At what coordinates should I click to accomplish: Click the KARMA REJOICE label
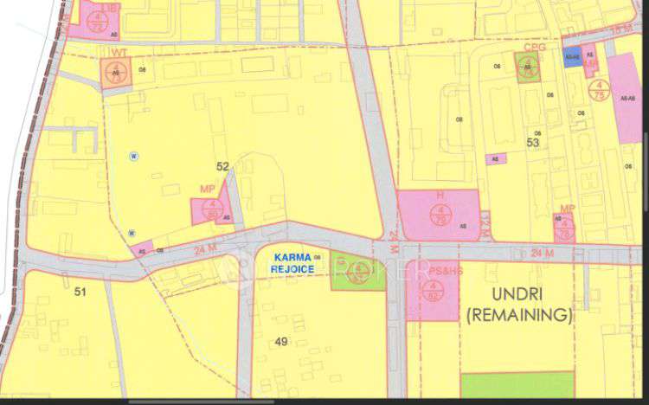pyautogui.click(x=295, y=263)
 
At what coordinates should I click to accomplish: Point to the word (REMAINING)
pyautogui.click(x=518, y=316)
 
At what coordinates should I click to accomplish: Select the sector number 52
pyautogui.click(x=222, y=166)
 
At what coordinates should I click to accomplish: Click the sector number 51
pyautogui.click(x=80, y=292)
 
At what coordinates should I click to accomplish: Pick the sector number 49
pyautogui.click(x=281, y=342)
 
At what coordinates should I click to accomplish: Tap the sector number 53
pyautogui.click(x=533, y=143)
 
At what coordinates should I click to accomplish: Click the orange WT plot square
pyautogui.click(x=114, y=73)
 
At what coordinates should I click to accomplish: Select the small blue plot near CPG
pyautogui.click(x=571, y=59)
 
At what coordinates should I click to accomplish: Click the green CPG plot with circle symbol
pyautogui.click(x=526, y=68)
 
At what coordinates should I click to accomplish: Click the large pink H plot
pyautogui.click(x=439, y=214)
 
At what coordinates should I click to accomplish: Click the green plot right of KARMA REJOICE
pyautogui.click(x=359, y=273)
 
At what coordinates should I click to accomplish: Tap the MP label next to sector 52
pyautogui.click(x=207, y=189)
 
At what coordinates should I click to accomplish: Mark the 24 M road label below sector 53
pyautogui.click(x=542, y=254)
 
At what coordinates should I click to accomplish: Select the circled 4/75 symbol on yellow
pyautogui.click(x=597, y=89)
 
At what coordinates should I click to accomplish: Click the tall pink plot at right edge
pyautogui.click(x=625, y=98)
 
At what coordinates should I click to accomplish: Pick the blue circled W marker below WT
pyautogui.click(x=133, y=156)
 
